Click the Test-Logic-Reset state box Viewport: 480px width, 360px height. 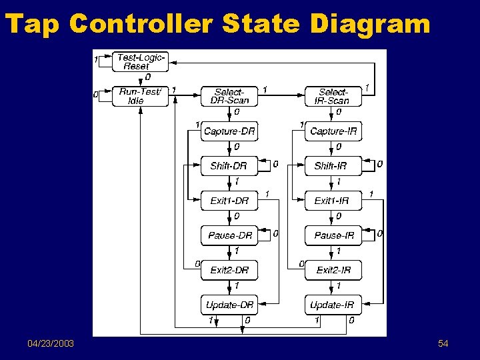coord(141,62)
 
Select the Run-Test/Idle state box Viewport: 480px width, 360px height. coord(141,97)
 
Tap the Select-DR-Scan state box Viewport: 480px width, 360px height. coord(229,97)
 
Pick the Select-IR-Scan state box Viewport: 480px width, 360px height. coord(333,97)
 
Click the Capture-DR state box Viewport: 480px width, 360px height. coord(229,131)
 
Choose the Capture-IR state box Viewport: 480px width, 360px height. coord(333,131)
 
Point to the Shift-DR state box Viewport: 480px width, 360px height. coord(229,166)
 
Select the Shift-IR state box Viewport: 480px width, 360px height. coord(333,166)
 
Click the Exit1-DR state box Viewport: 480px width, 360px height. coord(229,201)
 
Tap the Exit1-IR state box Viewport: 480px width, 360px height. coord(333,201)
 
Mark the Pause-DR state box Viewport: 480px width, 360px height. coord(229,235)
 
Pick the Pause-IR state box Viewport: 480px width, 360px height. coord(333,235)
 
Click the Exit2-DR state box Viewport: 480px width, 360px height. coord(229,270)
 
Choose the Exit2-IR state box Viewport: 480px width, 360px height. coord(333,270)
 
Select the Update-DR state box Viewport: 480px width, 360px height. coord(229,305)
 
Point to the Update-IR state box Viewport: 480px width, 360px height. coord(333,305)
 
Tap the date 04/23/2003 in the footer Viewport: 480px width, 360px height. coord(51,343)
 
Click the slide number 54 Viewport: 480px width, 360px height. coord(443,343)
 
